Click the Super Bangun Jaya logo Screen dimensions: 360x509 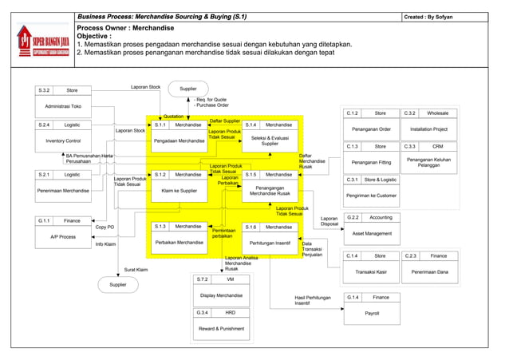[x=41, y=41]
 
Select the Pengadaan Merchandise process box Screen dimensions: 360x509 [x=179, y=140]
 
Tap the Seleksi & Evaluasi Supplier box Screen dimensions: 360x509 [x=270, y=140]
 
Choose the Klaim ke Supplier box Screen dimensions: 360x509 [x=179, y=191]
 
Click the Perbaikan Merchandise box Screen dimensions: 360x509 [x=179, y=241]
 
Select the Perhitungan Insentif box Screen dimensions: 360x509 [x=270, y=241]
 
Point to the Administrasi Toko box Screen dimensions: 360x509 [x=63, y=105]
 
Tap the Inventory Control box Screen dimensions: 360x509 [x=63, y=140]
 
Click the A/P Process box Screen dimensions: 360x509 [x=63, y=236]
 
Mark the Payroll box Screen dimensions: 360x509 [x=372, y=314]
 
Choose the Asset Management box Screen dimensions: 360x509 [x=372, y=233]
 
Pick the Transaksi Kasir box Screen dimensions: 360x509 [x=372, y=271]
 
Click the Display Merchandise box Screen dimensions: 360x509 [x=221, y=295]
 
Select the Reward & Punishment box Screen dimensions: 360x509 [x=221, y=328]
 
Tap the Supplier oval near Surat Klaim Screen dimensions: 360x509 [x=117, y=284]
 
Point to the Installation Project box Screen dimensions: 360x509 [x=429, y=129]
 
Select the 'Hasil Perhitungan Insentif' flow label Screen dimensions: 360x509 [x=313, y=300]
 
